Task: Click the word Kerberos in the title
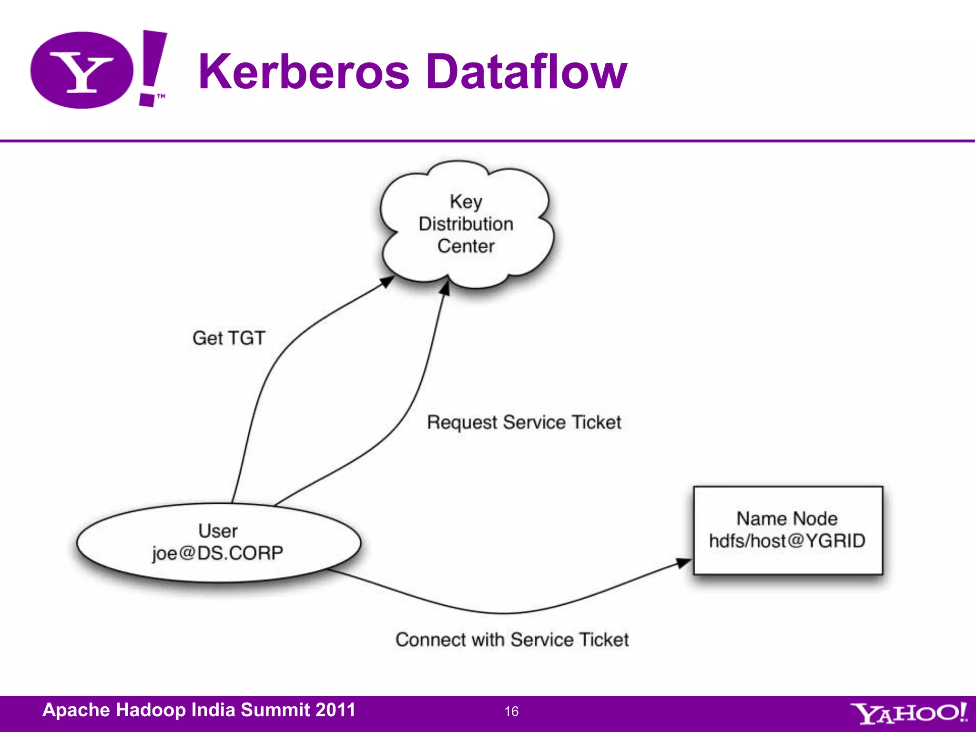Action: tap(304, 71)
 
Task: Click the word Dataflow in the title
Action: tap(526, 71)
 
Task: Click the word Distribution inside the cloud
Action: tap(466, 224)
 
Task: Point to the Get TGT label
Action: tap(229, 338)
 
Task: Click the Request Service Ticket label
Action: tap(524, 422)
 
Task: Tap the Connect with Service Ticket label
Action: tap(512, 640)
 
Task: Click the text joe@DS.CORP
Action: tap(218, 553)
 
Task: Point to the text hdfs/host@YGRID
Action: tap(787, 541)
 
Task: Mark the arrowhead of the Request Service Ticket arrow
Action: tap(445, 288)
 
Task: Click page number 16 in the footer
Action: tap(511, 712)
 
